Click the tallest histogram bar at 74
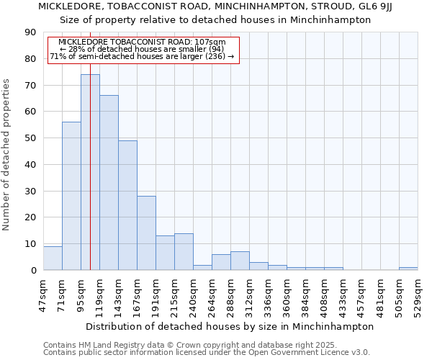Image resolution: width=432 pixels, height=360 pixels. point(90,172)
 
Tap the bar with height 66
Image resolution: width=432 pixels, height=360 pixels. point(109,183)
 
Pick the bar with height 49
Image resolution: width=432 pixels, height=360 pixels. point(127,205)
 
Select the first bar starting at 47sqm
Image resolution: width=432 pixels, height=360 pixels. point(53,258)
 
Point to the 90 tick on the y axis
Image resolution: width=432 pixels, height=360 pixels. point(30,32)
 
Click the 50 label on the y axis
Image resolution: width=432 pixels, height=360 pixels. point(30,138)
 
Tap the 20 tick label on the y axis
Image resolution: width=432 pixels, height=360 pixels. point(30,217)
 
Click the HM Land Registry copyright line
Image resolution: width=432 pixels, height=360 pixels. point(189,345)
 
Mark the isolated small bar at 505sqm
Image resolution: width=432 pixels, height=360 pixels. point(408,269)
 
